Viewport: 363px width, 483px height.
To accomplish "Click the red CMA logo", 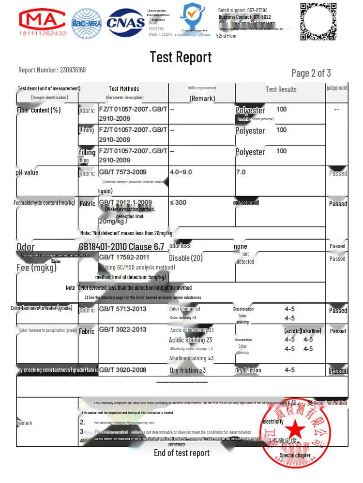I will tap(42, 22).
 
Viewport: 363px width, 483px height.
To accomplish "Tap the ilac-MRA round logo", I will tap(87, 23).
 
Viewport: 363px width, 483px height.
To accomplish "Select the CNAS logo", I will tap(126, 22).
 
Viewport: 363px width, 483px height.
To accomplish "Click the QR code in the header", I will tap(318, 21).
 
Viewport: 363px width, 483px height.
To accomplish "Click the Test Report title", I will tap(181, 57).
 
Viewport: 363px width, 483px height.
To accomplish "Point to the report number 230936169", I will tap(73, 70).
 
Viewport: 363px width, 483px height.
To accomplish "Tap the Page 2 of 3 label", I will tap(311, 73).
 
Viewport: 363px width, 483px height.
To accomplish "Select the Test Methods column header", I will tap(124, 88).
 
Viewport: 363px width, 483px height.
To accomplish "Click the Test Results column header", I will tap(281, 89).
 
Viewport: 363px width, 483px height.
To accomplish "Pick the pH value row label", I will tap(28, 172).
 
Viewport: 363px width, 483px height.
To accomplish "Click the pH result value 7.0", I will tap(241, 172).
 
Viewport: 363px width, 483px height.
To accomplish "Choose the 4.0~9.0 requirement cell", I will tap(181, 172).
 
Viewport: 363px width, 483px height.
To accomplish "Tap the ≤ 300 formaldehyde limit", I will tap(178, 202).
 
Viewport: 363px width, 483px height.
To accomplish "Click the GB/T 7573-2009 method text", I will tap(122, 172).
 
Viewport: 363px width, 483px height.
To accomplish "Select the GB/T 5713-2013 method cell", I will tap(122, 309).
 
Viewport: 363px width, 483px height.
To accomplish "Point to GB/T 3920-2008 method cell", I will tap(122, 369).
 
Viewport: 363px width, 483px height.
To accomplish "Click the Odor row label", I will tap(26, 247).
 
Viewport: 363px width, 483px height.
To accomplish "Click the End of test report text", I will tap(181, 453).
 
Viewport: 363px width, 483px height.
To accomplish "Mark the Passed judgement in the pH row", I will tap(338, 173).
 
